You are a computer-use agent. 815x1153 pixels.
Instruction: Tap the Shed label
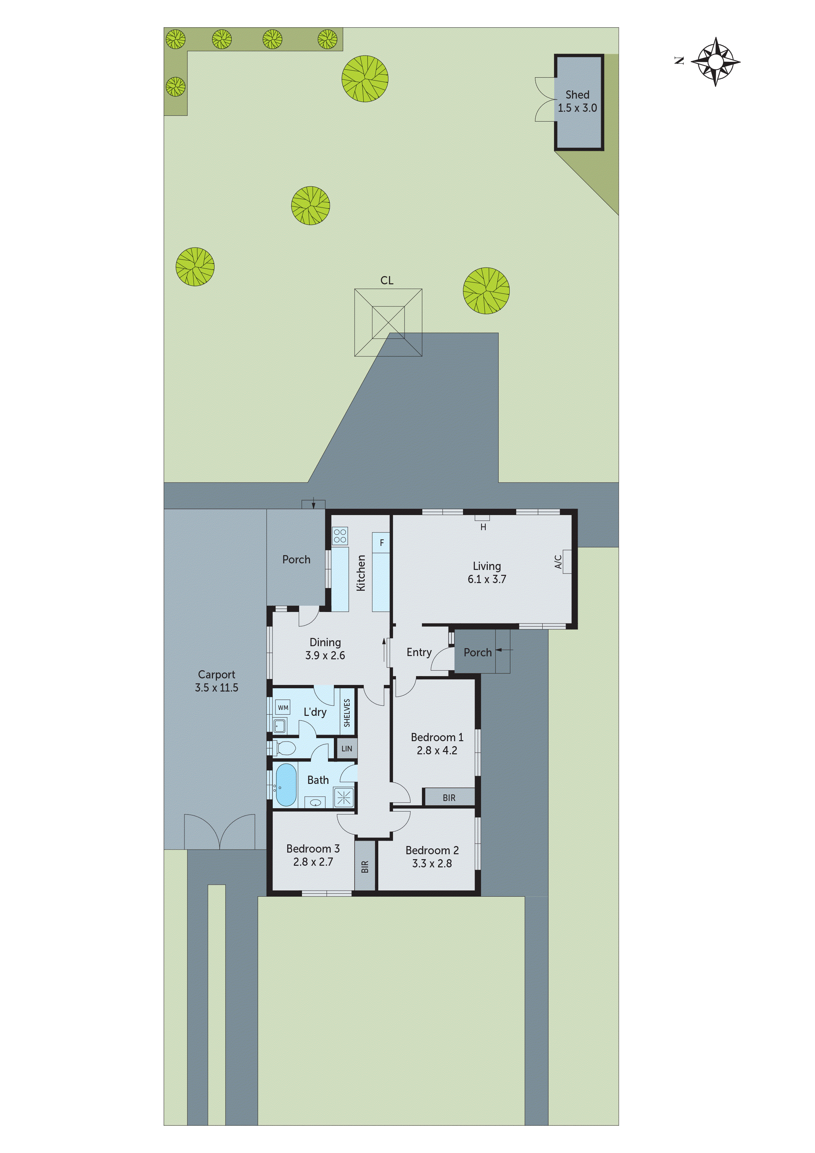tap(577, 94)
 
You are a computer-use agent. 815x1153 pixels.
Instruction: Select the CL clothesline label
tap(387, 280)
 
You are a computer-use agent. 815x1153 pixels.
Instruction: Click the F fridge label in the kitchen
tap(382, 543)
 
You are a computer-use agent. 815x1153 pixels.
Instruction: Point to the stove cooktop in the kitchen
tap(340, 536)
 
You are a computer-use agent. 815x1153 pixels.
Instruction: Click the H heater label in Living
tap(483, 527)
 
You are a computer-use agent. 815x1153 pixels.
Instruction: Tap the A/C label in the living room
tap(558, 561)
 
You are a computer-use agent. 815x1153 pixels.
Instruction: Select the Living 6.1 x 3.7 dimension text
tap(487, 579)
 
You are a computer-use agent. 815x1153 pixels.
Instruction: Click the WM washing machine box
tap(283, 708)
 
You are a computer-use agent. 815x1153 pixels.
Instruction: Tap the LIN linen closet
tap(346, 749)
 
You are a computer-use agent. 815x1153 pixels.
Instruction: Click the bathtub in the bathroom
tap(286, 785)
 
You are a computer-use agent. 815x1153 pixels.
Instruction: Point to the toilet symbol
tap(285, 749)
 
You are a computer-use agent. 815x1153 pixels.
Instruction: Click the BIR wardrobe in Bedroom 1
tap(449, 797)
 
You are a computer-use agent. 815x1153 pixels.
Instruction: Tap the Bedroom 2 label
tap(432, 850)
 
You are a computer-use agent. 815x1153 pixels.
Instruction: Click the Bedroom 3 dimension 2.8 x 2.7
tap(313, 862)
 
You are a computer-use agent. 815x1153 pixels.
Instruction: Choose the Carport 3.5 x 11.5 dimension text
tap(217, 688)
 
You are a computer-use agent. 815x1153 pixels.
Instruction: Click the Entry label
tap(419, 652)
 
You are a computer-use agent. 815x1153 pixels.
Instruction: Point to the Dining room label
tap(325, 642)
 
